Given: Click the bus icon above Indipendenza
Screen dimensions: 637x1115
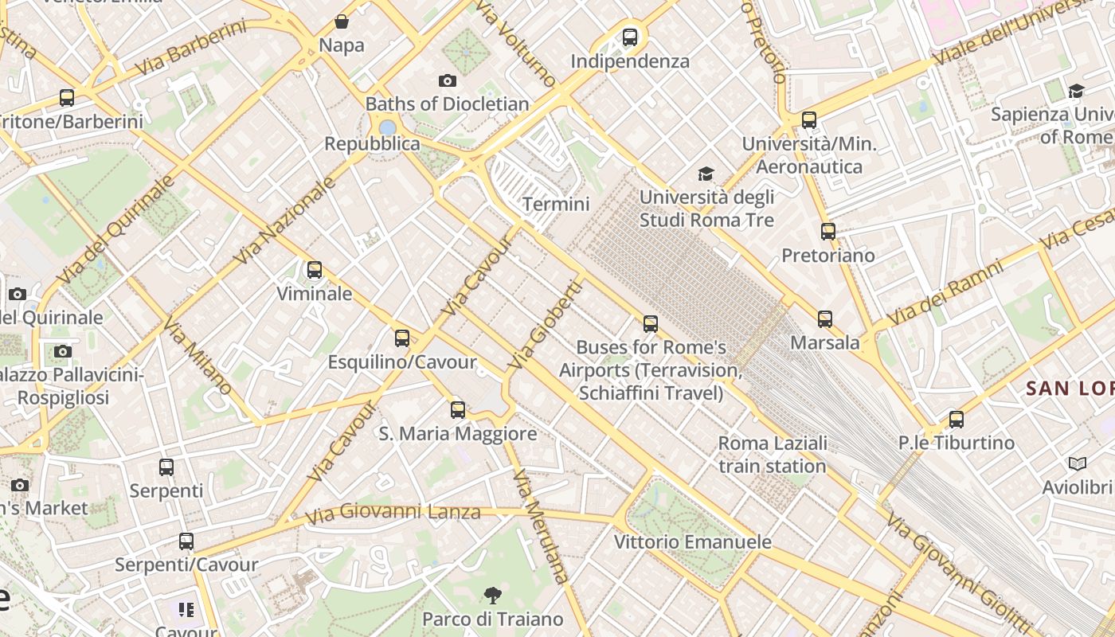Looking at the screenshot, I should pyautogui.click(x=630, y=37).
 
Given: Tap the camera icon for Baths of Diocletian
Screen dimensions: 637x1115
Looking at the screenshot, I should pyautogui.click(x=448, y=80).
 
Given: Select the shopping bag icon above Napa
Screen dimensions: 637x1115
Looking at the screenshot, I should pyautogui.click(x=342, y=21).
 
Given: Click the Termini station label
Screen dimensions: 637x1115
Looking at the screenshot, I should pyautogui.click(x=556, y=204).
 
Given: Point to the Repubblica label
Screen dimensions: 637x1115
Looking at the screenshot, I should pyautogui.click(x=372, y=143).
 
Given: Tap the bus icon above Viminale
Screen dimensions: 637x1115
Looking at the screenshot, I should pyautogui.click(x=315, y=270).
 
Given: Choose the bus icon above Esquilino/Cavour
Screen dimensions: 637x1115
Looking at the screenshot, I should pyautogui.click(x=402, y=338).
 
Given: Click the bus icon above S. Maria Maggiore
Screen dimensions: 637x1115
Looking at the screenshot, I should pyautogui.click(x=458, y=410).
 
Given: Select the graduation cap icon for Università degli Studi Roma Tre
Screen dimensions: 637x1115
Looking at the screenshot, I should pyautogui.click(x=706, y=174).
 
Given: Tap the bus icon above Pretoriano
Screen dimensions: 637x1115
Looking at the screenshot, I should pyautogui.click(x=828, y=232).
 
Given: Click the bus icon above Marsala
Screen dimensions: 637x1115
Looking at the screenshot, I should pyautogui.click(x=825, y=319).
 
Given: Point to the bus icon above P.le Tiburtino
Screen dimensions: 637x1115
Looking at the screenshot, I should pyautogui.click(x=957, y=420).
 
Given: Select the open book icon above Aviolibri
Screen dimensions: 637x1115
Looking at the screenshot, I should pyautogui.click(x=1078, y=463).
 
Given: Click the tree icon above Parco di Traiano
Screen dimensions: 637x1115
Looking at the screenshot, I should pyautogui.click(x=493, y=595).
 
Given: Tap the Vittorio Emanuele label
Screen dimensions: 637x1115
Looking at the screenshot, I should pyautogui.click(x=692, y=541).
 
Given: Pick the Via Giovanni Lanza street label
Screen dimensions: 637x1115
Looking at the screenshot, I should pyautogui.click(x=393, y=512).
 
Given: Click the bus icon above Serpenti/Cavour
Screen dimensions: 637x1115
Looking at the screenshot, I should pyautogui.click(x=186, y=541).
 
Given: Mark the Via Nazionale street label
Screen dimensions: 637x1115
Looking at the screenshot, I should pyautogui.click(x=285, y=221).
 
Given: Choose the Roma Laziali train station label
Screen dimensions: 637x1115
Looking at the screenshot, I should pyautogui.click(x=773, y=454).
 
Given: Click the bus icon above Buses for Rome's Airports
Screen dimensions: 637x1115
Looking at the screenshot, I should pyautogui.click(x=651, y=324).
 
